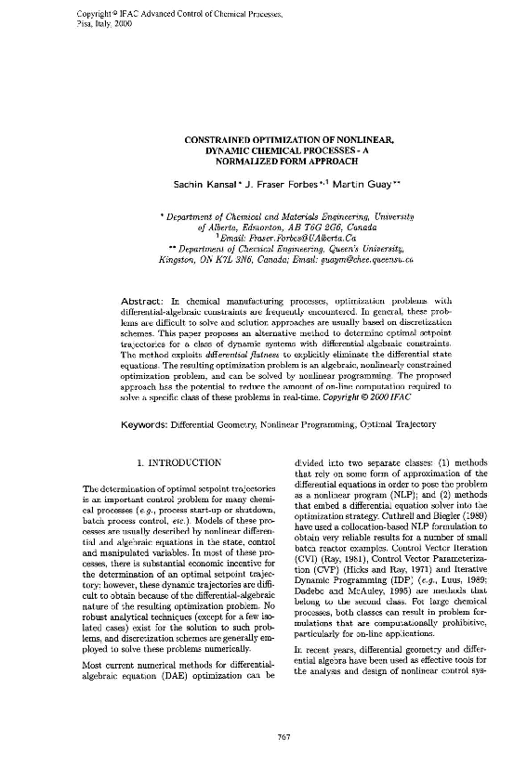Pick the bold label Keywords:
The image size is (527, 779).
point(149,423)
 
